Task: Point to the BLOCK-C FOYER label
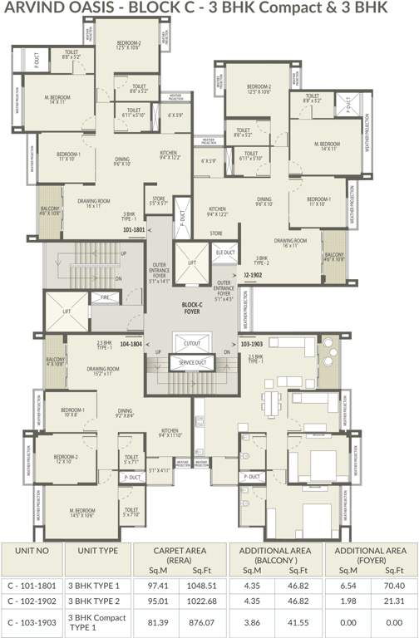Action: (193, 307)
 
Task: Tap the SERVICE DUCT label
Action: (193, 363)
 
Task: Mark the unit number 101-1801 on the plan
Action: (133, 228)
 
